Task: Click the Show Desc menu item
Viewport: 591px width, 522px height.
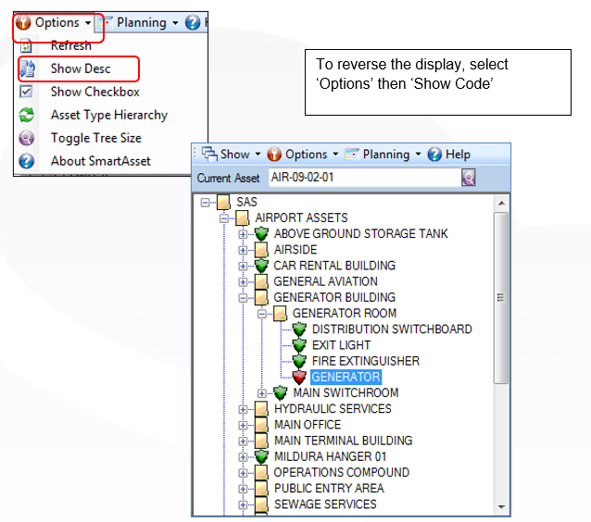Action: [x=81, y=68]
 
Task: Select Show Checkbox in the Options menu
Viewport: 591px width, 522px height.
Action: [x=95, y=92]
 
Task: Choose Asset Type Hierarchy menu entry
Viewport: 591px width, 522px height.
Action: [x=109, y=115]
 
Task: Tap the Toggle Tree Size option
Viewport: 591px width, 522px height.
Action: [x=96, y=138]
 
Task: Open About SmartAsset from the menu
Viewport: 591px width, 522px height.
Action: [x=101, y=161]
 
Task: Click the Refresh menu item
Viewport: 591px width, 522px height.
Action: [x=70, y=45]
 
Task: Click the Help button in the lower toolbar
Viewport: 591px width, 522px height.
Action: [x=449, y=155]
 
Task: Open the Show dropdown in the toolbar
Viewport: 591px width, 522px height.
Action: [x=231, y=155]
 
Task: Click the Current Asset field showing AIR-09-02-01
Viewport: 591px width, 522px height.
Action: [x=364, y=177]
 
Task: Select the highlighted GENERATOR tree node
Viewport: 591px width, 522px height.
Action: [x=346, y=377]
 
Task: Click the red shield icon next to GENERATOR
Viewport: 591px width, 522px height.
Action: [x=299, y=377]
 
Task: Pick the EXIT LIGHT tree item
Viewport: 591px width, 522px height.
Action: [x=341, y=345]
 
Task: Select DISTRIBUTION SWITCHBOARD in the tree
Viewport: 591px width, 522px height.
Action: [x=392, y=329]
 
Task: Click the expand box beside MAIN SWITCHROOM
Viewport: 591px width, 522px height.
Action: [x=261, y=393]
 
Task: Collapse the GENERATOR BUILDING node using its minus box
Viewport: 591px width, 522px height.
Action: [x=243, y=298]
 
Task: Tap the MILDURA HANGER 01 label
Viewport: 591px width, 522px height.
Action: [x=330, y=456]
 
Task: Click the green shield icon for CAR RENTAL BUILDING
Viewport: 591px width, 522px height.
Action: [x=261, y=266]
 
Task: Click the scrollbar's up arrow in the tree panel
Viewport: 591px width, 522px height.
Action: [x=501, y=204]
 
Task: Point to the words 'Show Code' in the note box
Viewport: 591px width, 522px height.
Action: [x=453, y=83]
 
